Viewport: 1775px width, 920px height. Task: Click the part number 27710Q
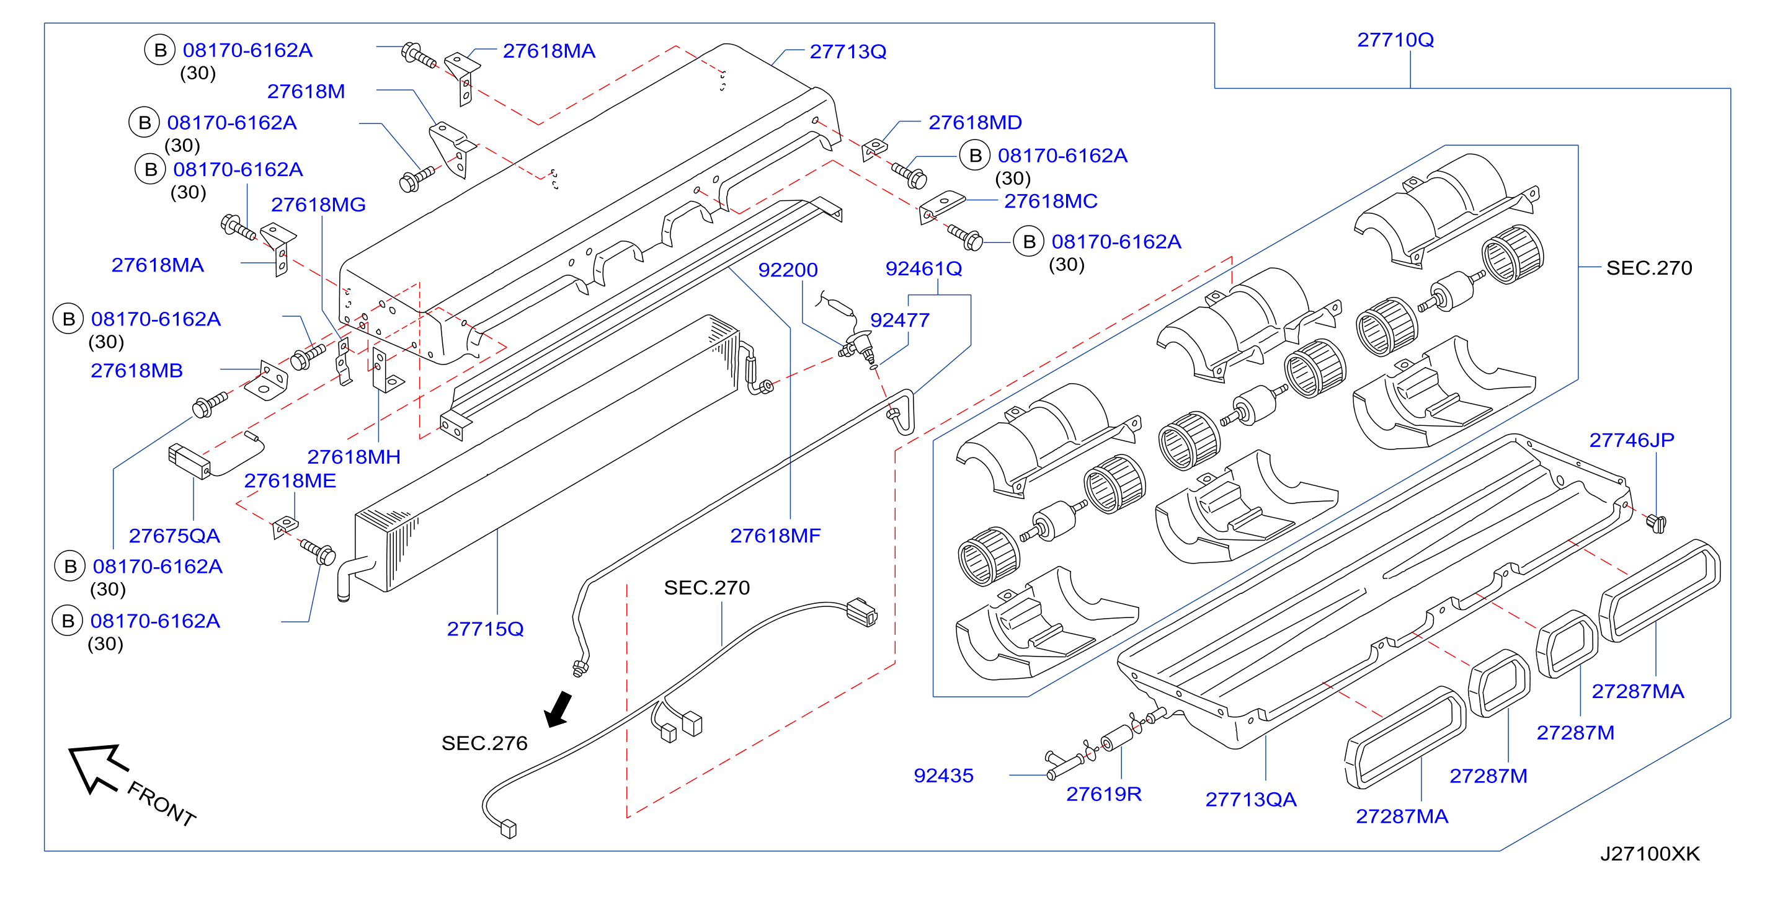point(1395,40)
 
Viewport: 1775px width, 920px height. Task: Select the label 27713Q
point(848,51)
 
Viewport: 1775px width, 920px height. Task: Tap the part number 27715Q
point(485,629)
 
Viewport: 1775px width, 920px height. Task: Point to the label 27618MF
point(775,536)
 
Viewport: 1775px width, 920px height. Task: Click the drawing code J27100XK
point(1650,854)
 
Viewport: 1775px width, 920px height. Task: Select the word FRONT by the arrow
point(162,803)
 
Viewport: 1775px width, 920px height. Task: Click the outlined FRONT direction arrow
point(97,767)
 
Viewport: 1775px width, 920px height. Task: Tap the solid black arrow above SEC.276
point(559,709)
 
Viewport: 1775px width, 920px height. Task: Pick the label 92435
point(943,776)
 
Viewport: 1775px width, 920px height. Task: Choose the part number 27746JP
point(1632,440)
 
